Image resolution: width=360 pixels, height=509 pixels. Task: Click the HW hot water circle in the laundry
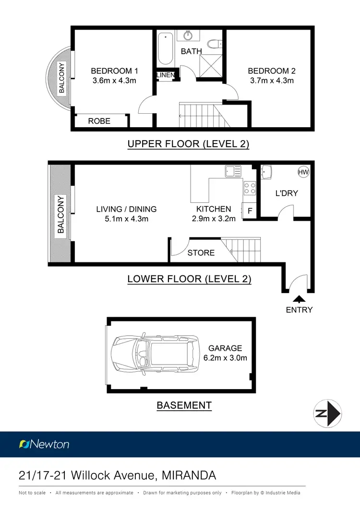coord(303,172)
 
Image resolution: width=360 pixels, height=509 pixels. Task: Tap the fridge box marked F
coord(249,210)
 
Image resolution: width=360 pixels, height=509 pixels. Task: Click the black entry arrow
coord(299,299)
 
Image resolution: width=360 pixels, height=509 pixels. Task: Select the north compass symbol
coord(327,414)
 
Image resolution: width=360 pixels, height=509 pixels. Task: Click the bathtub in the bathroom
coord(166,48)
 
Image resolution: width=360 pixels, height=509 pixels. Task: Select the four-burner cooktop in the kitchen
coord(250,188)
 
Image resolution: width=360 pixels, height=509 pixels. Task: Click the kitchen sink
coord(233,171)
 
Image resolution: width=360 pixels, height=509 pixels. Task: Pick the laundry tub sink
coord(266,172)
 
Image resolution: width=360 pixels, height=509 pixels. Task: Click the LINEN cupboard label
coord(166,75)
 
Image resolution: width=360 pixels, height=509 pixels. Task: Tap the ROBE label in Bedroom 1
coord(99,121)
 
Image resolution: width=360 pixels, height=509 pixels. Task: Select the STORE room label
coord(201,252)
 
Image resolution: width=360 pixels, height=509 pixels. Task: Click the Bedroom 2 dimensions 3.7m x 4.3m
coord(272,81)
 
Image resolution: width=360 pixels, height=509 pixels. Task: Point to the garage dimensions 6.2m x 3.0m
coord(225,358)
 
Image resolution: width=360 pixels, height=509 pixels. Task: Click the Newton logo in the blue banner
coord(44,444)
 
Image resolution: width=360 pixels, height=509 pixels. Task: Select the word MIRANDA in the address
coord(189,475)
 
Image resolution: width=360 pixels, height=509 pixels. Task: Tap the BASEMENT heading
coord(184,405)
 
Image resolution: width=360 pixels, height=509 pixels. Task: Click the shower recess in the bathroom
coord(211,66)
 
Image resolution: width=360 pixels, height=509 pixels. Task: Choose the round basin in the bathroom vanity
coord(188,36)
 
